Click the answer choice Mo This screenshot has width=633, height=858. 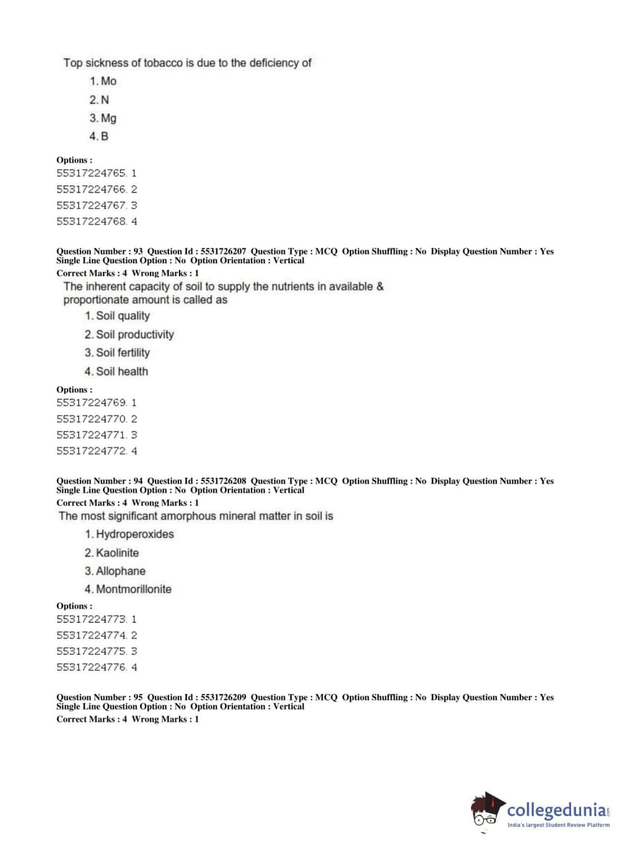103,81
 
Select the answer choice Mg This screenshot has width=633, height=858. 103,118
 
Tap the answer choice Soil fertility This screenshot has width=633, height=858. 118,352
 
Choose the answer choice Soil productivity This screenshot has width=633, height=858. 129,334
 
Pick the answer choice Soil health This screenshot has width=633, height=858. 116,371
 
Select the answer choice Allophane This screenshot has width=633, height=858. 115,571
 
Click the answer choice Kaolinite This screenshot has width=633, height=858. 112,552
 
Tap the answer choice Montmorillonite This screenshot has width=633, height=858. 128,589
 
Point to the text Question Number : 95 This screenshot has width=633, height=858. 99,697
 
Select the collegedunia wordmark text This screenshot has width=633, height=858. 556,810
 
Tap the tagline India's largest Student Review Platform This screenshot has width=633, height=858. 558,825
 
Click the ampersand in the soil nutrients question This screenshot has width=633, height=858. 380,286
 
